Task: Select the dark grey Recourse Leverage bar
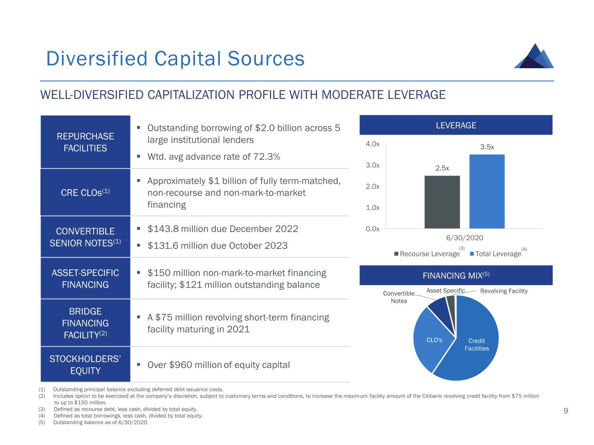point(442,202)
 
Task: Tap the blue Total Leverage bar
point(487,192)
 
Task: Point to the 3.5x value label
point(487,147)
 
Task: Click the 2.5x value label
point(442,168)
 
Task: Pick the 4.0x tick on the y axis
point(373,144)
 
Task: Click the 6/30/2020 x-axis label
point(464,238)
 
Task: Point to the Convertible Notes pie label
point(399,297)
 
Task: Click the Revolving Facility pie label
point(504,291)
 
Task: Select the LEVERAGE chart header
point(456,126)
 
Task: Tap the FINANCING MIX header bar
point(456,276)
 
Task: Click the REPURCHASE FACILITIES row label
point(85,142)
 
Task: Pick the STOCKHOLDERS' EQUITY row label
point(85,365)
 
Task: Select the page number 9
point(566,411)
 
